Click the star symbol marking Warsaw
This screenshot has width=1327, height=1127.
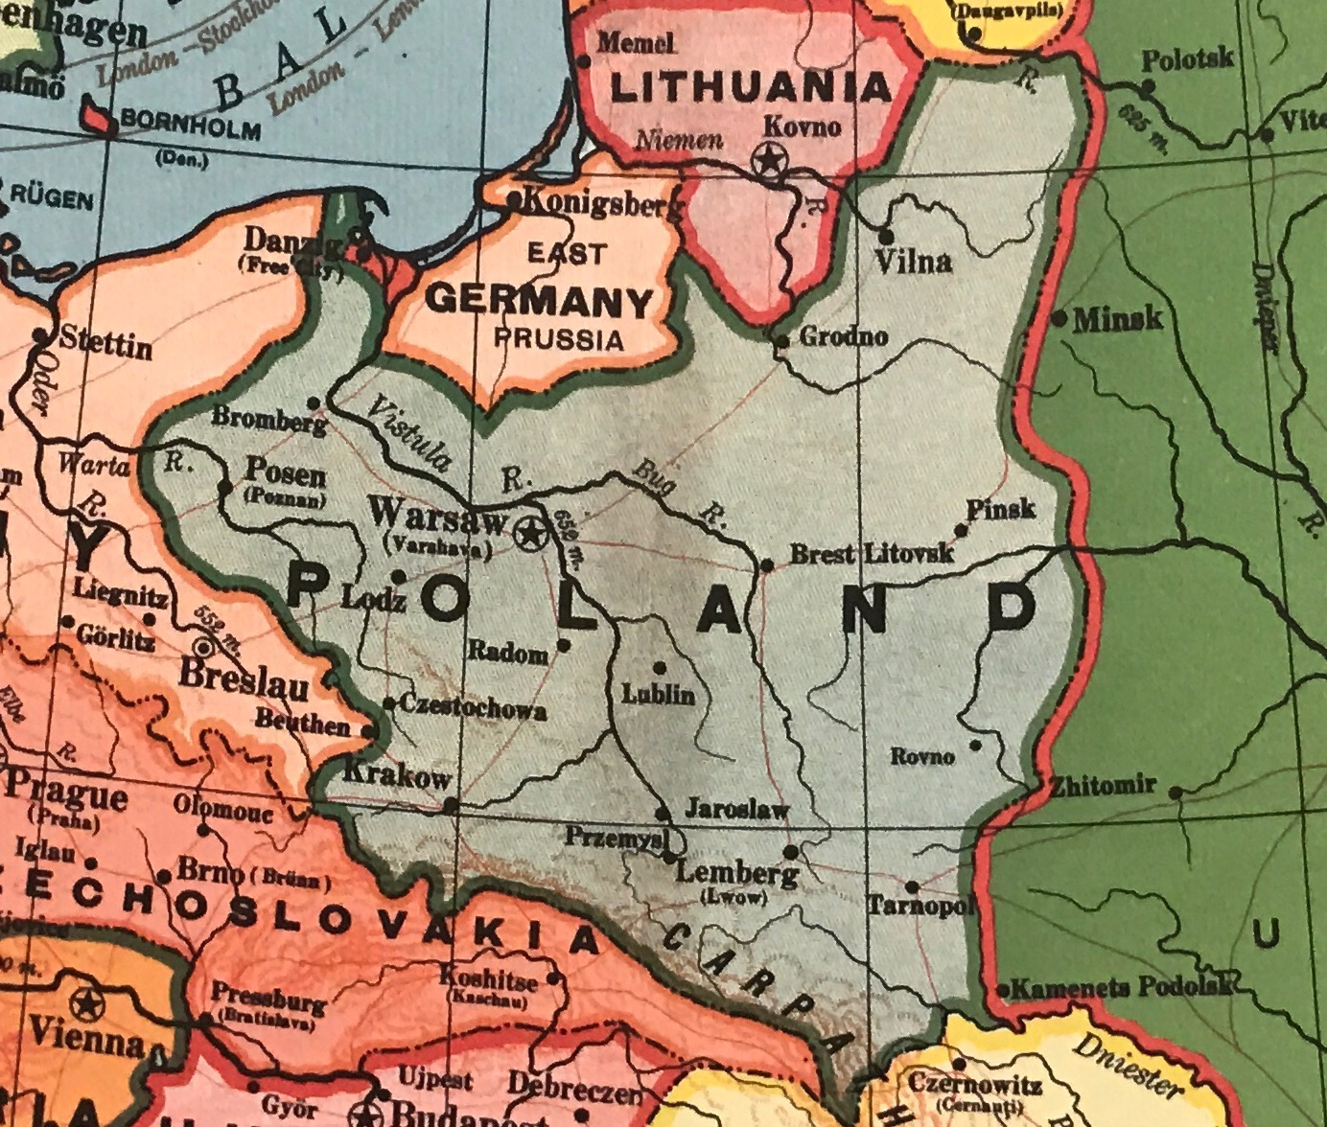(x=528, y=534)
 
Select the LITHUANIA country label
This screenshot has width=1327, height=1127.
(x=751, y=88)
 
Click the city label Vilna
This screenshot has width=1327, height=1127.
(x=914, y=262)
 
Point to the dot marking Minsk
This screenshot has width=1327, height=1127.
(x=1059, y=317)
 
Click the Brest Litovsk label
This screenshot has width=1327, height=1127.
(x=871, y=554)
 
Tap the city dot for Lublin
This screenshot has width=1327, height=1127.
(x=659, y=667)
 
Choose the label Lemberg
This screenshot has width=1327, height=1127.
(x=736, y=874)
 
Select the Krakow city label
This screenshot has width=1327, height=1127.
(x=395, y=774)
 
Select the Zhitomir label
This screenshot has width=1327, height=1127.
(x=1103, y=787)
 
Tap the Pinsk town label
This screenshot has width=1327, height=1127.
(x=1001, y=508)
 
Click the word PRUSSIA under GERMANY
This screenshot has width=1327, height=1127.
(x=559, y=338)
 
